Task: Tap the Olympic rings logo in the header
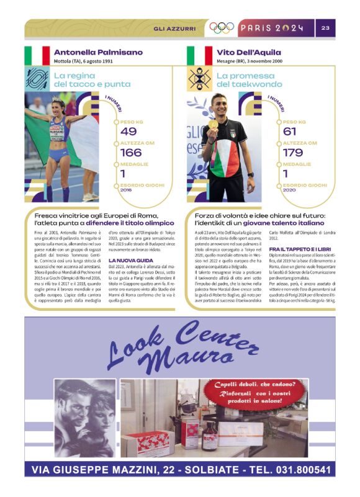(x=221, y=28)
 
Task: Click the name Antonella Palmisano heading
(x=98, y=53)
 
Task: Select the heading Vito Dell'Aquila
(x=249, y=53)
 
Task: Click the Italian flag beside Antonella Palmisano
(x=37, y=56)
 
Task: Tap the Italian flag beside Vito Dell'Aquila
(x=200, y=56)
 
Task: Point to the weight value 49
(x=129, y=132)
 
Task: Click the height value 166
(x=131, y=153)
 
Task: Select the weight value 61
(x=290, y=132)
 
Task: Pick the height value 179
(x=293, y=153)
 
